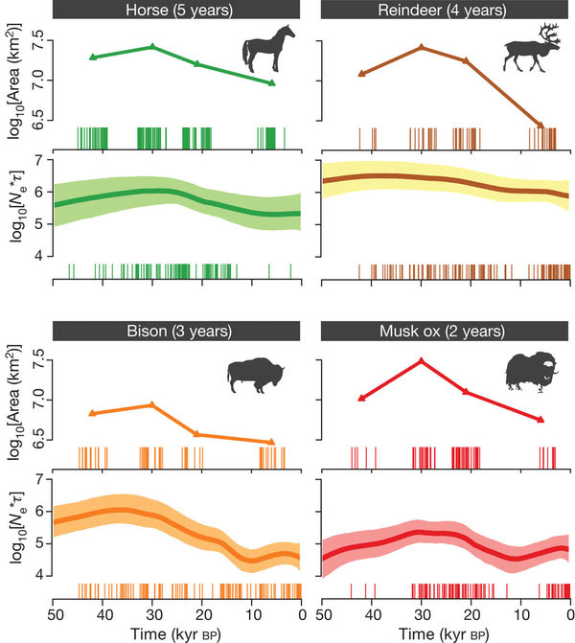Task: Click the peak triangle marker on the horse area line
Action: tap(152, 46)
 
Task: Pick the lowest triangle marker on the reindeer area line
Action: tap(540, 126)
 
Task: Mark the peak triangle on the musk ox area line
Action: tap(421, 361)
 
